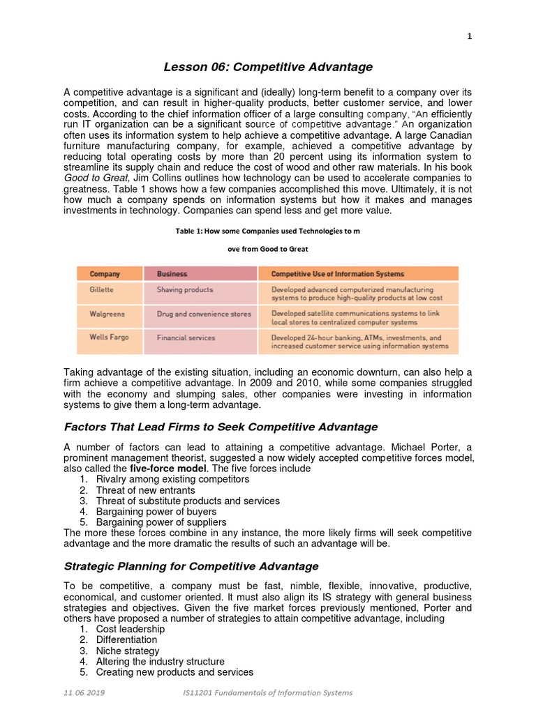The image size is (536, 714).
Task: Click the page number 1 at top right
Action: click(470, 37)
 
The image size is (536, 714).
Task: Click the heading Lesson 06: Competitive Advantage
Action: click(268, 67)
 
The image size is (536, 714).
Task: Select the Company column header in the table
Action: click(105, 274)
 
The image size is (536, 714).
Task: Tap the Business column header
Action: click(172, 274)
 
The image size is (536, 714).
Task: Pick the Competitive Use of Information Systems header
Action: click(337, 274)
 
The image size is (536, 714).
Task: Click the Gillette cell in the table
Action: click(102, 289)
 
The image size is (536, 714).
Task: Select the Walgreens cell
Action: click(107, 314)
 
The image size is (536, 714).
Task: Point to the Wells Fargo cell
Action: click(109, 337)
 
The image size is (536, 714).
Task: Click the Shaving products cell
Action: click(185, 289)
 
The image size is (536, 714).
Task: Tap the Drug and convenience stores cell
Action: click(204, 314)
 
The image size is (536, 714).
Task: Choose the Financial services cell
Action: click(186, 337)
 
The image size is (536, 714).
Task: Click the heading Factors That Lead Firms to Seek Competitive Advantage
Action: click(221, 427)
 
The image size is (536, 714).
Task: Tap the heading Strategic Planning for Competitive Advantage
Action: click(191, 566)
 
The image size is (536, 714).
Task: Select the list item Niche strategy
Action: click(128, 651)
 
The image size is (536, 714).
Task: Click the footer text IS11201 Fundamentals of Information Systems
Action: click(265, 692)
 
